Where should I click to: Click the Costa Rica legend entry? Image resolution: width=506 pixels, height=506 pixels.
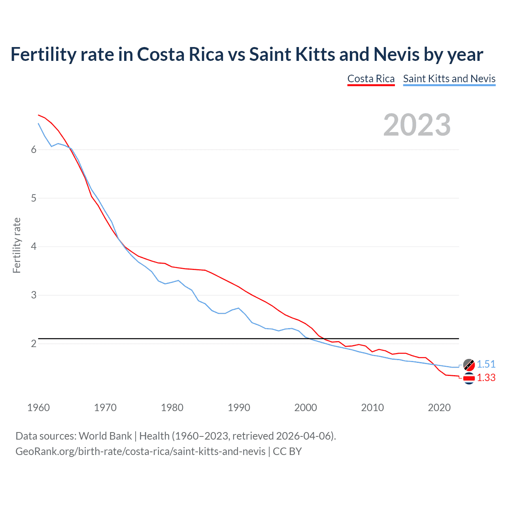[371, 79]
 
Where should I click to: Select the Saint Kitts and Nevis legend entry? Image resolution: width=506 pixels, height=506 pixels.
[449, 79]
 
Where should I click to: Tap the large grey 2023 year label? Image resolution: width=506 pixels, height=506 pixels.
[417, 125]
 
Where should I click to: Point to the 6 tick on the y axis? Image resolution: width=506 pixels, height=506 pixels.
[34, 149]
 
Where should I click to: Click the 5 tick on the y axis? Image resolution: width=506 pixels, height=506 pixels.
[34, 198]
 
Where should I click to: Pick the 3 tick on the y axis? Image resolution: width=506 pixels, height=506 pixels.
[34, 295]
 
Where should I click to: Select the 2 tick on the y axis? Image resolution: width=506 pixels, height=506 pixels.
[34, 344]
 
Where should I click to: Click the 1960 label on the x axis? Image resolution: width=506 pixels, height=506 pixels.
[38, 408]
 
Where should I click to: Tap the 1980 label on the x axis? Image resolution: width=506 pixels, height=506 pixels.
[172, 408]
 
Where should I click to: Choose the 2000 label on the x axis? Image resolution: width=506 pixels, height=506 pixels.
[306, 408]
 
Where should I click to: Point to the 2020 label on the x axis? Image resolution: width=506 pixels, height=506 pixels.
[439, 408]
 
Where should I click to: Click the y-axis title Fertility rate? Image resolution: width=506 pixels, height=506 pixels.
[17, 245]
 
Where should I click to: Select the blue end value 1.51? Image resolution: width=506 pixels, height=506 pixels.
[486, 364]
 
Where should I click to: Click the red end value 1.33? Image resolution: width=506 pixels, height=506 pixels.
[486, 378]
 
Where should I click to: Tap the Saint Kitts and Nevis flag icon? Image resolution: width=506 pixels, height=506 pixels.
[469, 364]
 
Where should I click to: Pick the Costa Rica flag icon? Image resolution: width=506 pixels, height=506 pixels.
[469, 378]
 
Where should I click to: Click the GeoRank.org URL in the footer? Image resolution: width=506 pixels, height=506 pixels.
[140, 451]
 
